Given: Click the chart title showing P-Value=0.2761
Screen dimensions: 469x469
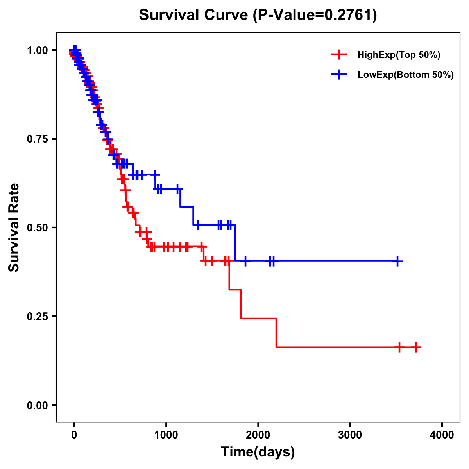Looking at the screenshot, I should click(x=258, y=15).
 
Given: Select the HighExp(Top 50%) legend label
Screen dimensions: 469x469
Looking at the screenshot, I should click(x=399, y=55).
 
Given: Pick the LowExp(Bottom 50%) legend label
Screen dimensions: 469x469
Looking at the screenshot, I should click(x=406, y=75).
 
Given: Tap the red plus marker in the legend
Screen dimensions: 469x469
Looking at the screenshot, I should click(x=339, y=55).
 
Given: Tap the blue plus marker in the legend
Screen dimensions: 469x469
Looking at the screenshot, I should click(x=339, y=75).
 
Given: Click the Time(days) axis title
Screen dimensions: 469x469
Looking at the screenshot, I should click(x=258, y=452).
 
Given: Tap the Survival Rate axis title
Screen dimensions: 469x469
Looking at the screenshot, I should click(x=14, y=227).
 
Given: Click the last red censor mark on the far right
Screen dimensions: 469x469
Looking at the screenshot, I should click(x=417, y=347).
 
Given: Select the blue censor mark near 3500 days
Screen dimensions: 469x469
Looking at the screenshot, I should click(x=397, y=261).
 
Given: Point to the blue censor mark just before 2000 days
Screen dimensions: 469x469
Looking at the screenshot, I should click(x=245, y=261).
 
